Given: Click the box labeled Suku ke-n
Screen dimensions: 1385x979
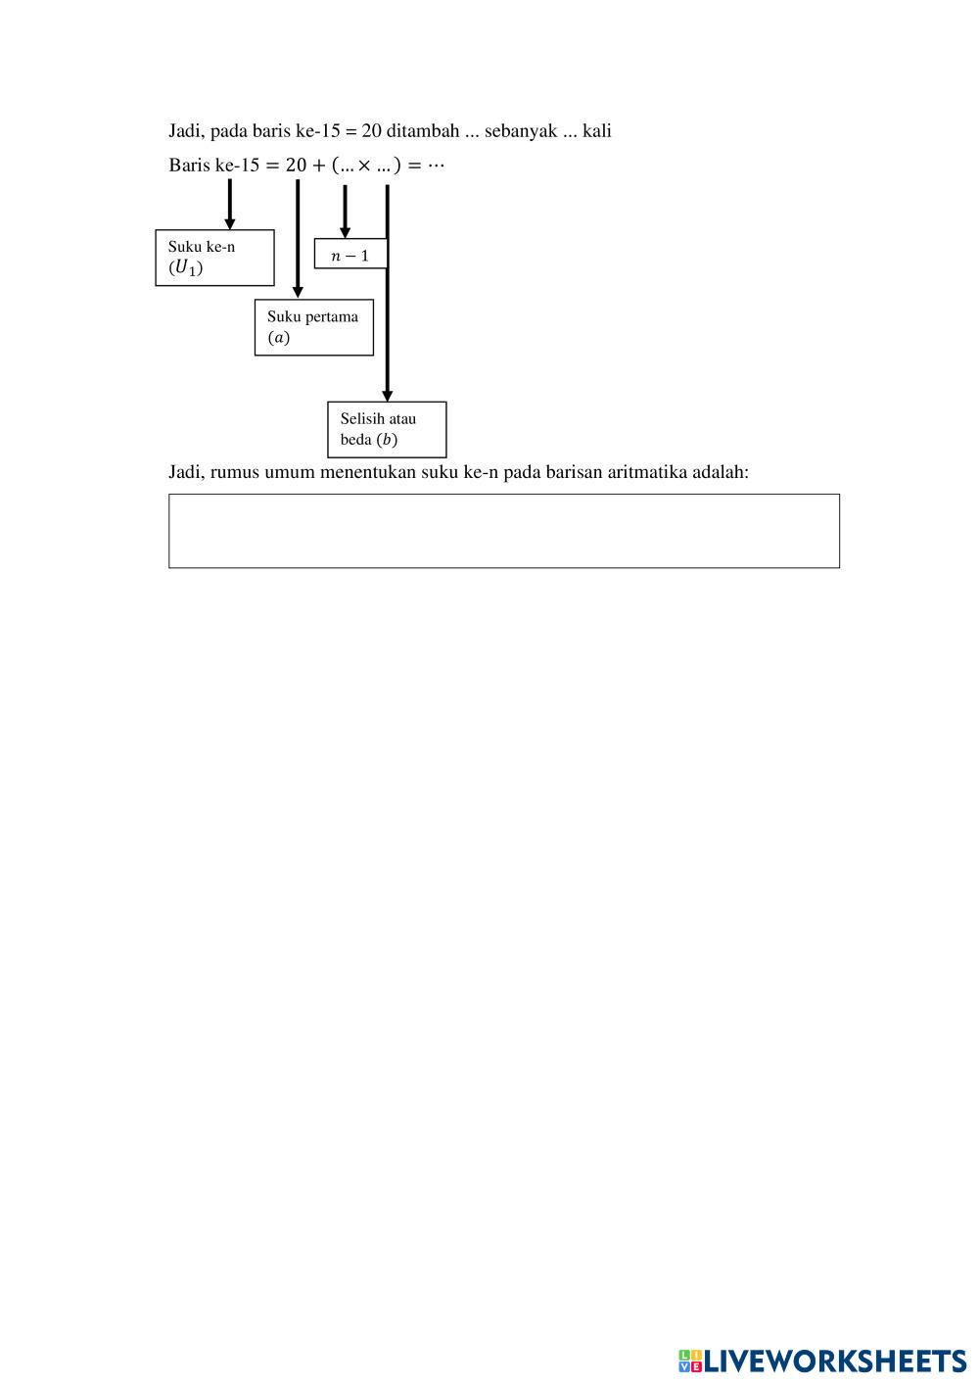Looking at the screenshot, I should (214, 258).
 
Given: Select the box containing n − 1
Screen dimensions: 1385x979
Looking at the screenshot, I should (350, 254).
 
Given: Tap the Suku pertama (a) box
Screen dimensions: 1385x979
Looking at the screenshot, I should (313, 327).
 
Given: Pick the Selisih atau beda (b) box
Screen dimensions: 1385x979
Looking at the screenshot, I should (387, 429).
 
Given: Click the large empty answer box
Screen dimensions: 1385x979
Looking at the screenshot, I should (503, 530).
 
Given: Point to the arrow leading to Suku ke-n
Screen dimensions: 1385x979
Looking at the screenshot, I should (230, 204).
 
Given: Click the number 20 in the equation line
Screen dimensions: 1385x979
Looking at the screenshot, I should (297, 165).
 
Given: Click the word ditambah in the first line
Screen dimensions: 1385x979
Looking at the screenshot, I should (422, 131).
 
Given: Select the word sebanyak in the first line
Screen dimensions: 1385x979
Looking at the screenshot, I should (520, 131).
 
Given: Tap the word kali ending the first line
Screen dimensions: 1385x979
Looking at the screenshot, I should (597, 131).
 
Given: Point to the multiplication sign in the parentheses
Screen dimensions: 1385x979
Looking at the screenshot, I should (364, 166).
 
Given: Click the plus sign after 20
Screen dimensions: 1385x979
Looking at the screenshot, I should (319, 166).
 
